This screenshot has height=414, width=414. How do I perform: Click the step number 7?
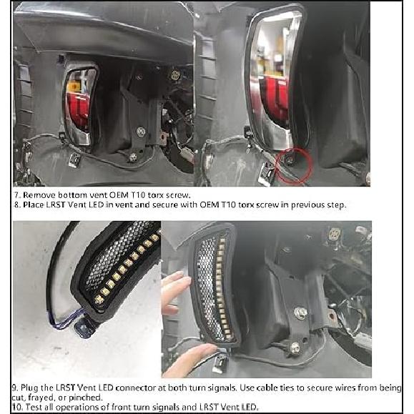click(x=16, y=194)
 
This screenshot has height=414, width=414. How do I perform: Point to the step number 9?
click(x=16, y=387)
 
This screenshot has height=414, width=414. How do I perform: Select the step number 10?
click(x=18, y=407)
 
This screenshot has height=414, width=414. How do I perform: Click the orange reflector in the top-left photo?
click(x=72, y=87)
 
